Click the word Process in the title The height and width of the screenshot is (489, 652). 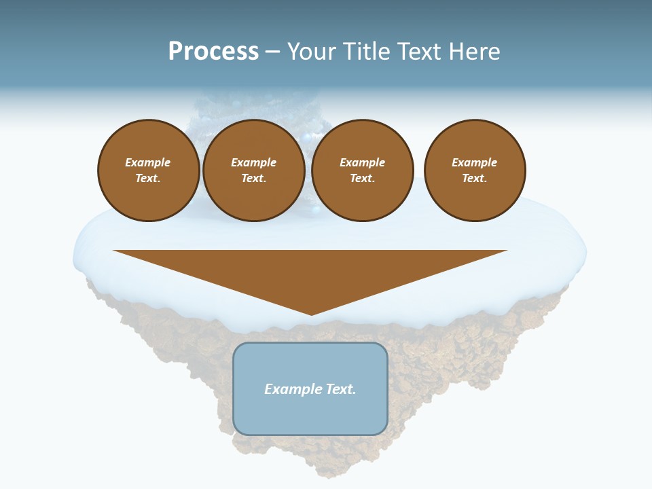coord(213,52)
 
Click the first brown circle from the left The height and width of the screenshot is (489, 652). coord(148,170)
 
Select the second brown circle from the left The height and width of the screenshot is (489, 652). coord(253,170)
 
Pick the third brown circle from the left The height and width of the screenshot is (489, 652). coord(362,170)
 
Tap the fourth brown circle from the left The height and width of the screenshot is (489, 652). coord(475,170)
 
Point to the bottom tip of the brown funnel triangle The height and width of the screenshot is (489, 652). coord(311,314)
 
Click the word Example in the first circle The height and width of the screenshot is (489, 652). coord(148,162)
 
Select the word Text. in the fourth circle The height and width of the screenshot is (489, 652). coord(475,179)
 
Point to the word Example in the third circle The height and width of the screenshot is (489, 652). coord(362,162)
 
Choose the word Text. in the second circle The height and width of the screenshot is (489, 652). coord(253,179)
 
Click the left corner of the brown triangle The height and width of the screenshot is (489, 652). coord(114,251)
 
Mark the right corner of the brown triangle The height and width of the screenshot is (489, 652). coord(506,251)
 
